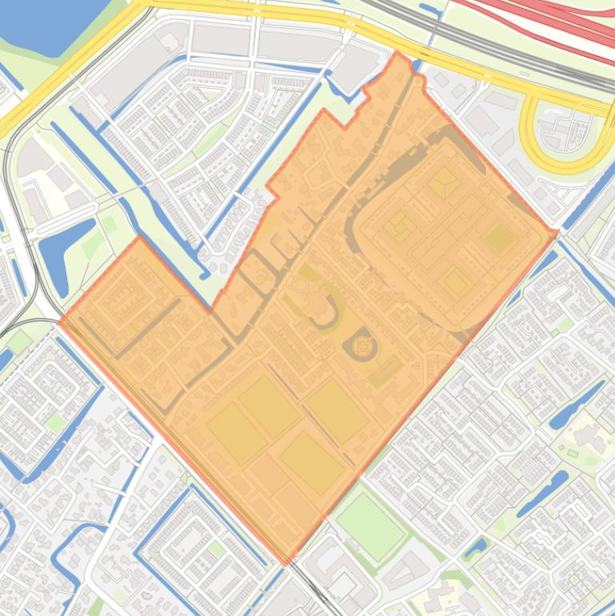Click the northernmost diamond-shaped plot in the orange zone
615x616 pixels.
click(441, 183)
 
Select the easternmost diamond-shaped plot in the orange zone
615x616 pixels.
click(500, 238)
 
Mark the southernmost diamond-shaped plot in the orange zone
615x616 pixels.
click(454, 282)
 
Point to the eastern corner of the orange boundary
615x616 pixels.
click(556, 233)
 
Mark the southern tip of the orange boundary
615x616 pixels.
click(286, 562)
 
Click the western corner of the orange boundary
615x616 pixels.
click(60, 322)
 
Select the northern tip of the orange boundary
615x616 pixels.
click(397, 53)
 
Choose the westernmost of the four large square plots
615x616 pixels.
click(237, 431)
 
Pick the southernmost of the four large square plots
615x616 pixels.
click(311, 463)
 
